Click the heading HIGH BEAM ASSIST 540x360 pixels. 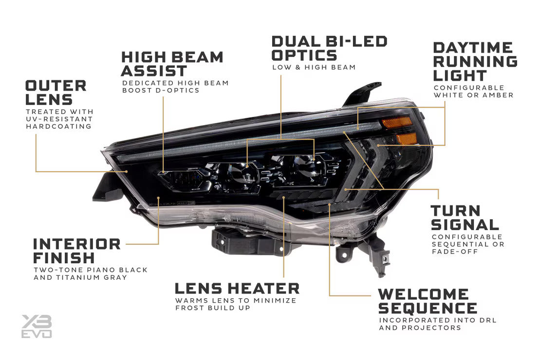click(172, 64)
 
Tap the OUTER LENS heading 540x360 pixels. click(56, 92)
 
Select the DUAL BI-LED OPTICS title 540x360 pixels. click(329, 48)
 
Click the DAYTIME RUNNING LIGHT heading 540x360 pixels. click(475, 61)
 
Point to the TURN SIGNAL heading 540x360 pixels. click(465, 217)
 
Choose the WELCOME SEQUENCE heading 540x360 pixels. click(427, 301)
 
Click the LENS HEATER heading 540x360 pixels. click(237, 288)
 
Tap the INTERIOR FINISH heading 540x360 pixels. click(76, 250)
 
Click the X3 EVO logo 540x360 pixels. click(37, 326)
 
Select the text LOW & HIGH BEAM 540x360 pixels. click(314, 67)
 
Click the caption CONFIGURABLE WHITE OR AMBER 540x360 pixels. click(473, 91)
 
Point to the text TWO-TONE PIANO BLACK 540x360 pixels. click(90, 270)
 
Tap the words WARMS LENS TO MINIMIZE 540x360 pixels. click(236, 301)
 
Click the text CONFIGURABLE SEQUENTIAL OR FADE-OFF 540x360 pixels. click(467, 244)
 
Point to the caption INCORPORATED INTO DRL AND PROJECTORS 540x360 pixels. click(437, 324)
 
